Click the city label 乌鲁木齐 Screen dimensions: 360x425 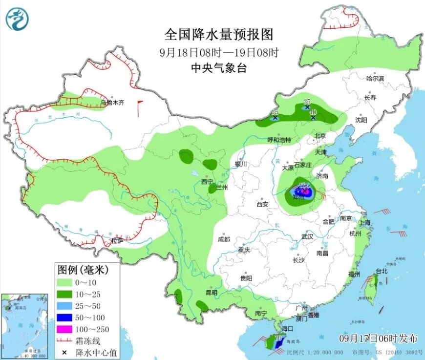(112, 103)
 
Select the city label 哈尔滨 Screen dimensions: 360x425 (375, 78)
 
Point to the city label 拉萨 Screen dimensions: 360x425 (117, 240)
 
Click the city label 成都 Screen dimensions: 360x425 (224, 239)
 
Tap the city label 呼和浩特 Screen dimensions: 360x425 (279, 140)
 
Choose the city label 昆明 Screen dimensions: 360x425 (211, 292)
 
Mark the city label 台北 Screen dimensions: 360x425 (381, 271)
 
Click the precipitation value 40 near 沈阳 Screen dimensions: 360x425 (313, 112)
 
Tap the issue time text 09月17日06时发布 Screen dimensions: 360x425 (379, 338)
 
